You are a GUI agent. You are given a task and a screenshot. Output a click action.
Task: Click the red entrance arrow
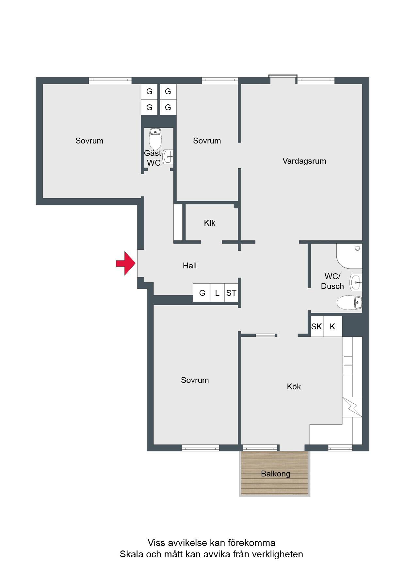(126, 263)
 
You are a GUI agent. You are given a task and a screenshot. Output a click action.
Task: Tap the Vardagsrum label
(304, 161)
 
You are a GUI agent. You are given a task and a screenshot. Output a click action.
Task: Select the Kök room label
(294, 386)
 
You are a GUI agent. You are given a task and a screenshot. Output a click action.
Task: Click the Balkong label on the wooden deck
(275, 474)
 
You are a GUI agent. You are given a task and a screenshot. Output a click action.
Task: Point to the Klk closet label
(209, 223)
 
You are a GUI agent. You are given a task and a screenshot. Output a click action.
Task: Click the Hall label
(189, 266)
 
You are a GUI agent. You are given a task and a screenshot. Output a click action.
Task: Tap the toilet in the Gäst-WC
(155, 138)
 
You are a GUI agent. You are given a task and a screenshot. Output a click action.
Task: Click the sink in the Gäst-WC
(168, 157)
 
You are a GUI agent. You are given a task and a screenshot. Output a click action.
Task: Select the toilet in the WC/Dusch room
(349, 303)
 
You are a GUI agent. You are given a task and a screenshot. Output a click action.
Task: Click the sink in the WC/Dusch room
(356, 282)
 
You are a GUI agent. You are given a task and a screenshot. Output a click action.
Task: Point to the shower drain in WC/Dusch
(357, 248)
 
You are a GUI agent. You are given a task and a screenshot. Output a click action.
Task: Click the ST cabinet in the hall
(231, 293)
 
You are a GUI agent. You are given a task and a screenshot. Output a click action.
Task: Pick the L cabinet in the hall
(217, 293)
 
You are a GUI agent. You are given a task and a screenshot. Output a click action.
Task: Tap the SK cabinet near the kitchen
(316, 326)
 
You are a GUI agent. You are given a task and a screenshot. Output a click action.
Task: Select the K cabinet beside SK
(332, 326)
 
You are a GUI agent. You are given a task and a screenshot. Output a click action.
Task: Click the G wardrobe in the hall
(202, 293)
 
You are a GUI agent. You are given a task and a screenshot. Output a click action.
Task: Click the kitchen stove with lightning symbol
(352, 407)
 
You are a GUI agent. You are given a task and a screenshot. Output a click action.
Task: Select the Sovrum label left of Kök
(195, 380)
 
